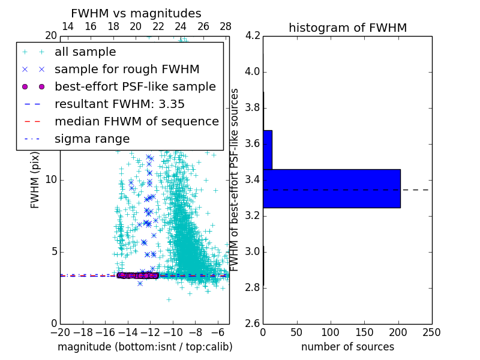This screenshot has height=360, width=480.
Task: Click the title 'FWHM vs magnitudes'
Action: tap(136, 13)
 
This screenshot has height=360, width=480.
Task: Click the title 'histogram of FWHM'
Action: tap(347, 28)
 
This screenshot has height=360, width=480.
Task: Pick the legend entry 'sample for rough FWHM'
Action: tap(127, 70)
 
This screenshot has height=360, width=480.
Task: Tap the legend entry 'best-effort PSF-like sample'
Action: tap(135, 87)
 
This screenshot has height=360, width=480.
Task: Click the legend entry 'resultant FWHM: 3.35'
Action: tap(119, 104)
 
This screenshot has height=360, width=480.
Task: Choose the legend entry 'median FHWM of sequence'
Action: tap(136, 122)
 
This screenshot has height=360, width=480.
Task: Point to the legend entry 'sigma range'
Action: tap(92, 139)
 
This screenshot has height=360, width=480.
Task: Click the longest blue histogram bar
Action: tap(331, 188)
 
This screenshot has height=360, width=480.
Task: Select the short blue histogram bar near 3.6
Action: tap(268, 149)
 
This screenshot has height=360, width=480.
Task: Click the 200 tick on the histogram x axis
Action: tap(398, 332)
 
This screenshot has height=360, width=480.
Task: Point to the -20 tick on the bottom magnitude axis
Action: tap(60, 332)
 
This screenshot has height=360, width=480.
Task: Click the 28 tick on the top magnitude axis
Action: tap(226, 27)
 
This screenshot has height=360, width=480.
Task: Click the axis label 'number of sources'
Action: tap(347, 347)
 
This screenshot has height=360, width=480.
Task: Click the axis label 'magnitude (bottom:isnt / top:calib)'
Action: tap(145, 347)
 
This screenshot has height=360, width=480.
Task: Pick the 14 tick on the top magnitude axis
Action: tap(68, 27)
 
